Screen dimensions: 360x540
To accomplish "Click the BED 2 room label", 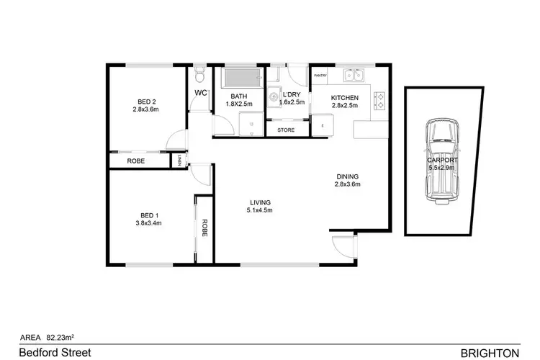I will click(x=144, y=101).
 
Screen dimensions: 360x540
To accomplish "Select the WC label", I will click(x=201, y=93).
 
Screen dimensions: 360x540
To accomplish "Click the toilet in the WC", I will click(x=201, y=73).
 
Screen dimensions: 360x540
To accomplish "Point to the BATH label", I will click(x=238, y=96).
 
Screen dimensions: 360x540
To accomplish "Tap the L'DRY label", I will click(x=292, y=95).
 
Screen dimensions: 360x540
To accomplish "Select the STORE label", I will click(x=285, y=130).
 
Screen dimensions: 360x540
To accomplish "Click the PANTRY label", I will click(x=319, y=73).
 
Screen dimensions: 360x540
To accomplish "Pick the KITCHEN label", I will click(x=344, y=97).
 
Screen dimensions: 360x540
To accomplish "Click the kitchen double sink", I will click(x=353, y=74).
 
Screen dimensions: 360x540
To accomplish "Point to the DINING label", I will click(x=347, y=176).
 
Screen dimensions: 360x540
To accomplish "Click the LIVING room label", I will click(x=260, y=202).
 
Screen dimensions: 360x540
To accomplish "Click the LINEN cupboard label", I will click(x=179, y=161).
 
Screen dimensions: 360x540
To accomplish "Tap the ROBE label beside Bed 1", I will click(x=204, y=228).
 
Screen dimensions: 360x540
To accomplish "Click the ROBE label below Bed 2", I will click(x=136, y=161).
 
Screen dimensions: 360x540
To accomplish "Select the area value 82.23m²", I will click(x=62, y=335).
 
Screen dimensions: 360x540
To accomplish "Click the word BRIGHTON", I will click(x=489, y=352).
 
